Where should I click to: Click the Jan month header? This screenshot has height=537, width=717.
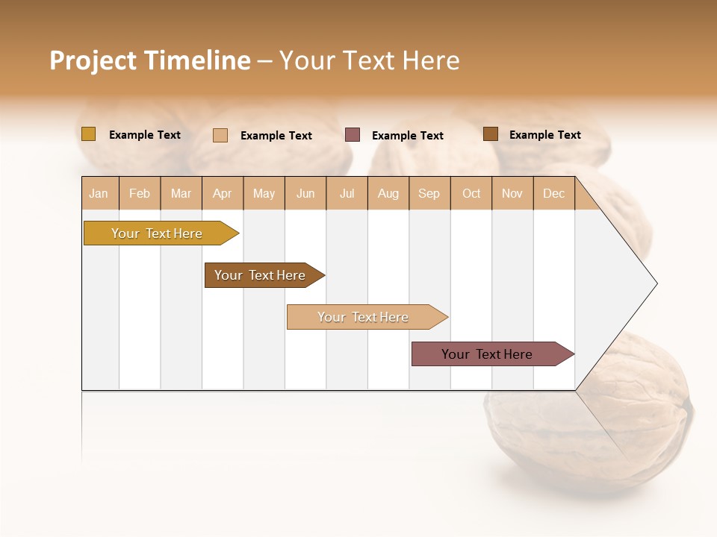pyautogui.click(x=99, y=194)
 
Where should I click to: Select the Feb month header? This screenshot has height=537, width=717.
pyautogui.click(x=140, y=194)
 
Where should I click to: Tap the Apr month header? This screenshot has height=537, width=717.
pyautogui.click(x=222, y=194)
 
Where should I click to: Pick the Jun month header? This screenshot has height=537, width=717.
pyautogui.click(x=305, y=194)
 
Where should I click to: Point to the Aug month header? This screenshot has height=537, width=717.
pyautogui.click(x=388, y=194)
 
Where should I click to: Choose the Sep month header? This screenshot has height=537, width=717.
pyautogui.click(x=429, y=194)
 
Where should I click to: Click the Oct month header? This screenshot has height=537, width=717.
pyautogui.click(x=471, y=194)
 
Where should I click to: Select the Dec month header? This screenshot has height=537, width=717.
pyautogui.click(x=553, y=194)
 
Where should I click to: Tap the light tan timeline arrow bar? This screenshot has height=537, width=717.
pyautogui.click(x=364, y=317)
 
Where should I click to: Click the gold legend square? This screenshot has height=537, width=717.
pyautogui.click(x=88, y=134)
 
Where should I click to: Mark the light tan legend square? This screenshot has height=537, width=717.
pyautogui.click(x=220, y=135)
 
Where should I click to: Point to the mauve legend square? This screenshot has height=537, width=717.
pyautogui.click(x=353, y=135)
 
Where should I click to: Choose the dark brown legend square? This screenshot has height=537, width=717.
pyautogui.click(x=491, y=134)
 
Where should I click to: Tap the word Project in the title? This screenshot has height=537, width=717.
pyautogui.click(x=93, y=60)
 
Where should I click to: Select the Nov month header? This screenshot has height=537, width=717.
pyautogui.click(x=512, y=194)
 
